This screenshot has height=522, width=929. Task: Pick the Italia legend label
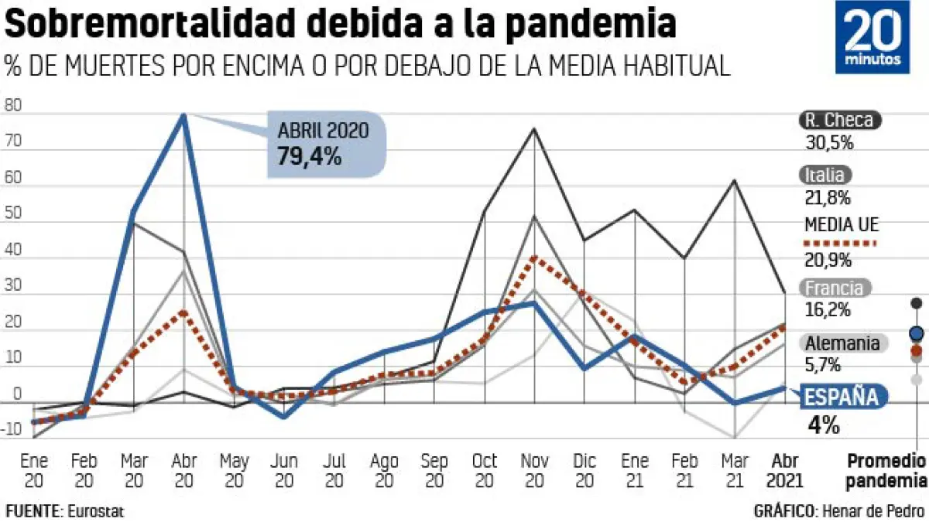(x=824, y=176)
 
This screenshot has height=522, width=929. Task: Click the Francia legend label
(x=834, y=288)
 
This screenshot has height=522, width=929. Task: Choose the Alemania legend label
(x=842, y=343)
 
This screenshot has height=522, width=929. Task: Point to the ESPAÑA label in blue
(x=842, y=397)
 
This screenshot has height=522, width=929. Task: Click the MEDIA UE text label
(x=842, y=225)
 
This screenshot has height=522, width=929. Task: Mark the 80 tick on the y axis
(x=12, y=107)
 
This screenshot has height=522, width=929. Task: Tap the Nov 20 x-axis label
(x=535, y=471)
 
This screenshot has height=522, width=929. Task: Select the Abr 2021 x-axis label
(x=782, y=471)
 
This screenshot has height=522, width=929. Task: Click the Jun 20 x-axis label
(x=284, y=471)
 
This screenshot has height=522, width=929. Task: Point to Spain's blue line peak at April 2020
(x=183, y=115)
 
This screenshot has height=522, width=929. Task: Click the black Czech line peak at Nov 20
(x=534, y=128)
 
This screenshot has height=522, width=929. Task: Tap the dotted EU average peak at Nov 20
(x=534, y=258)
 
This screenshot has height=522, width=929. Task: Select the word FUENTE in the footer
(x=33, y=511)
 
